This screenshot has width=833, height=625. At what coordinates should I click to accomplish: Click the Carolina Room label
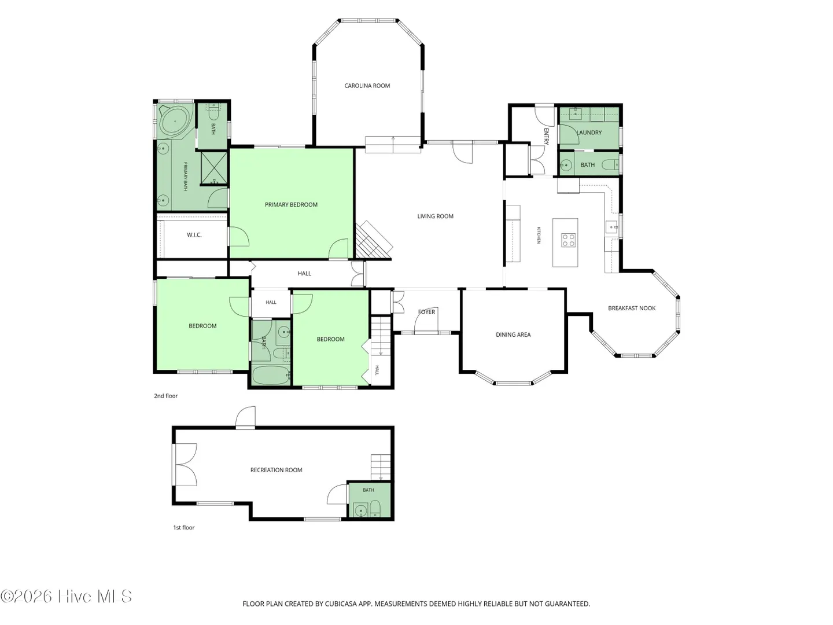coord(367,86)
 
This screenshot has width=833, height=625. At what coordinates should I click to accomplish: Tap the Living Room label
coord(435,216)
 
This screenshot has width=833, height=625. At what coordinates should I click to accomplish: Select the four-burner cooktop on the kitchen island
coord(569,241)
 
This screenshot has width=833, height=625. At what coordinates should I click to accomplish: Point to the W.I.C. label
coord(194,235)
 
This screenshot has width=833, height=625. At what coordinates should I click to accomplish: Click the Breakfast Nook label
coord(632,308)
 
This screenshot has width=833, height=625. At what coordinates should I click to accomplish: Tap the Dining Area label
coord(513,334)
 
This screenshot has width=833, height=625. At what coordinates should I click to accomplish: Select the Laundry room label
coord(589,133)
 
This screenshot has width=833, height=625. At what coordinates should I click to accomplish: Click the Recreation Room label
coord(277,470)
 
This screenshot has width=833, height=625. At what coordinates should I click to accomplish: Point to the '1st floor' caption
coord(184,527)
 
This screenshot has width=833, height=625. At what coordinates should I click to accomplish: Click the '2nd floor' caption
coord(166,396)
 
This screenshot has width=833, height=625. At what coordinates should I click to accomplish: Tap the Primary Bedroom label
coord(291,204)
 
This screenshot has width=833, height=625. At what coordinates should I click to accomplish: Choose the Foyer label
coord(426,312)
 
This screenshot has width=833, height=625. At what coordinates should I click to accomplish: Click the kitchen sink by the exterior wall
coord(611,227)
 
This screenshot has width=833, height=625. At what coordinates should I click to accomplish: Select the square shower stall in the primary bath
coord(214,168)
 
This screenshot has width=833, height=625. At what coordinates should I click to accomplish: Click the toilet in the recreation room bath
coord(375,509)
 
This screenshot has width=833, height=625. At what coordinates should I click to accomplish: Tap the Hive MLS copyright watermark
coord(66,596)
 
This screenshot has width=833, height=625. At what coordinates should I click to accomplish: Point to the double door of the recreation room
coord(185,465)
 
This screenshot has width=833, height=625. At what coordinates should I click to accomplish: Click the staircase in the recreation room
coord(381,467)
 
